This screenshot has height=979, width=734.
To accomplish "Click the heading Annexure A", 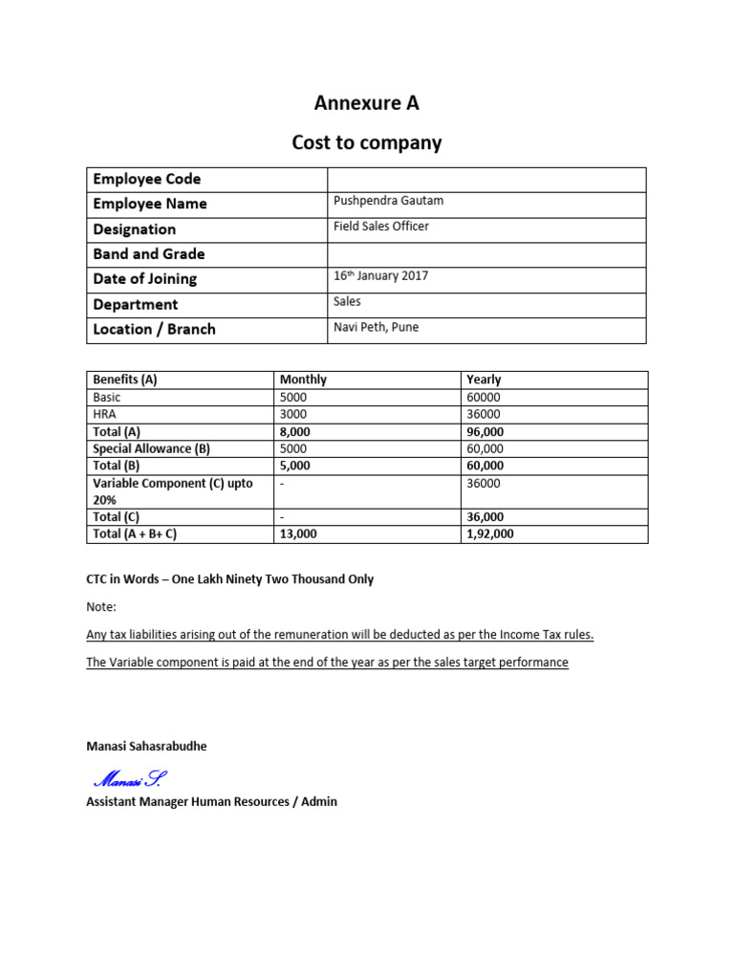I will [367, 102].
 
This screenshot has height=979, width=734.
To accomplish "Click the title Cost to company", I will [367, 142].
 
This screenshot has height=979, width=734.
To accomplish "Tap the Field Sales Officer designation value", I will [381, 227].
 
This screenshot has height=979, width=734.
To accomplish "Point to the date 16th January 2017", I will [380, 276].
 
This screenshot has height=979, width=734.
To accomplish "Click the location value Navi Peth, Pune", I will [376, 327].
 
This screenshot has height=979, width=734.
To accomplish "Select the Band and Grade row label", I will [149, 254].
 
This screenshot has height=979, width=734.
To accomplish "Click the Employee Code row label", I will [147, 179].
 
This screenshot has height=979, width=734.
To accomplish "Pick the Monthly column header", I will [303, 380].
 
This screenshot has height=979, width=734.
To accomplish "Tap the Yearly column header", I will [484, 380].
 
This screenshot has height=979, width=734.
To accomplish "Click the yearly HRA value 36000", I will [484, 414].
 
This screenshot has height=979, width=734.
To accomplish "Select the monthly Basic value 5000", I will [294, 397].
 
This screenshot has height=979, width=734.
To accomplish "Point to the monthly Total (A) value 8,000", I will [295, 431].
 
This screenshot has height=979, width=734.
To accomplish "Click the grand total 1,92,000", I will [489, 534].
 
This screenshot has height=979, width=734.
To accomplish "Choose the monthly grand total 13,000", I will [298, 534].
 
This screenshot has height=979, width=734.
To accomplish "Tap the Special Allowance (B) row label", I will [151, 448].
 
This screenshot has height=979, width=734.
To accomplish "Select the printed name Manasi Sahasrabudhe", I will [146, 747].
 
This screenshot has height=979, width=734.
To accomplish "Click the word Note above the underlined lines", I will [100, 607].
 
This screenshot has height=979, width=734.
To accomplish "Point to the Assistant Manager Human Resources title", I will [211, 801].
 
